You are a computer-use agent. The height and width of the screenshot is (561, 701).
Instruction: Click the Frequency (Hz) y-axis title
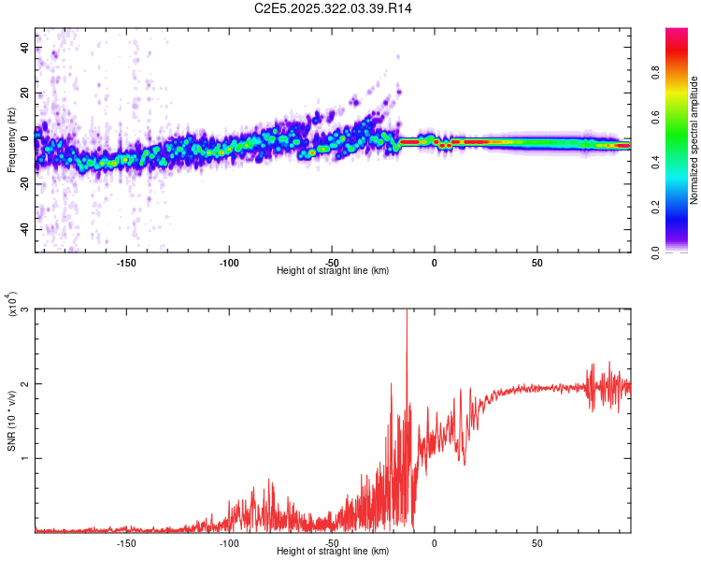[11, 140]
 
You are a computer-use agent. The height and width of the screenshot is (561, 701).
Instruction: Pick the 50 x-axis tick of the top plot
[536, 262]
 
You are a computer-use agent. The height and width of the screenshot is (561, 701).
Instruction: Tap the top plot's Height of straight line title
[333, 271]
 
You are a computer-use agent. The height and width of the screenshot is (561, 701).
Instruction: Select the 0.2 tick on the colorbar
[681, 208]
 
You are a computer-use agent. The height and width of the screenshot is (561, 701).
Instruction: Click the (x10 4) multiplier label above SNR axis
[11, 305]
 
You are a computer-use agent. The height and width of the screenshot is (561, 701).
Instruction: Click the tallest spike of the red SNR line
[407, 314]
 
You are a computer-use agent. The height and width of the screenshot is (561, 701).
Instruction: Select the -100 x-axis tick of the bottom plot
[229, 542]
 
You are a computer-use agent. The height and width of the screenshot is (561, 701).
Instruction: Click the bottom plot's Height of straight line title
[333, 552]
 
